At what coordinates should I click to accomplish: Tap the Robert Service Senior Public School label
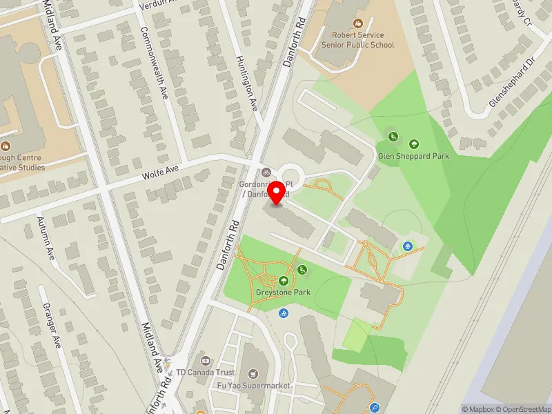click(x=357, y=40)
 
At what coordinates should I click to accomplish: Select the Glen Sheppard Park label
click(x=413, y=156)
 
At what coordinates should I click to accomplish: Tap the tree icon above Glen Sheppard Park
click(x=414, y=144)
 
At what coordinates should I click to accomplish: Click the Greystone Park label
click(x=284, y=293)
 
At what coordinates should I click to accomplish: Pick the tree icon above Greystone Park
click(x=284, y=280)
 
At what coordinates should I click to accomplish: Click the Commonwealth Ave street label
click(x=155, y=62)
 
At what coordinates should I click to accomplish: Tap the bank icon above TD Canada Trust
click(x=204, y=360)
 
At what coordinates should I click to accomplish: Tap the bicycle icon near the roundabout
click(x=266, y=172)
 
